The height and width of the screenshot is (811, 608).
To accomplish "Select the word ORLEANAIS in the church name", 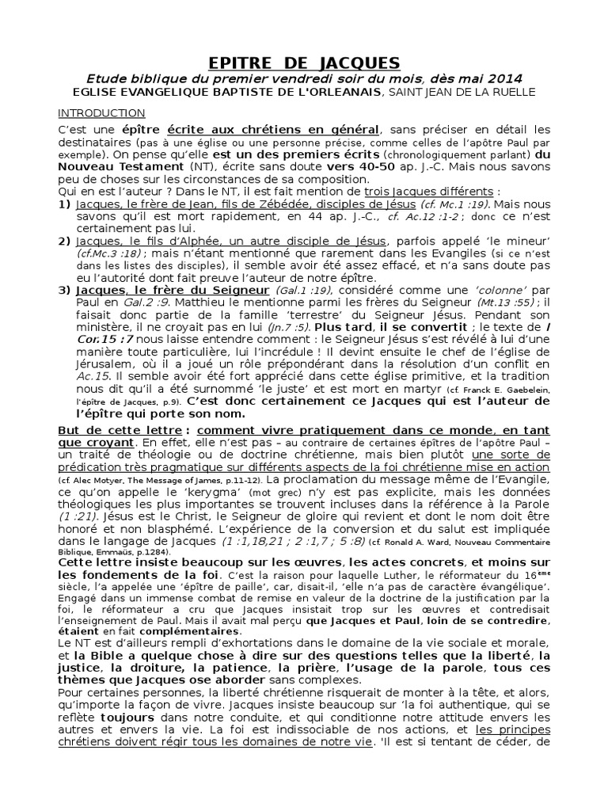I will point(336,93).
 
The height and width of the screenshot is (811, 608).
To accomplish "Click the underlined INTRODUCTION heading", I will point(101,113).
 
